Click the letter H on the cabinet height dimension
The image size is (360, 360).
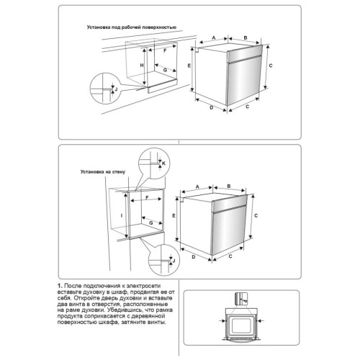142,66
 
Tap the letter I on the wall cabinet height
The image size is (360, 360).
122,216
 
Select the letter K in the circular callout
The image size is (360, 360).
164,163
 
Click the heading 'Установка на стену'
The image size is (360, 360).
103,172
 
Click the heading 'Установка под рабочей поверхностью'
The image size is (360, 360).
132,27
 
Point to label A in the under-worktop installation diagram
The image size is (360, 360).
214,37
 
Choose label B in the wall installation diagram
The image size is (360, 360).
229,186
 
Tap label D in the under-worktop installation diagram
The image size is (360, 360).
212,107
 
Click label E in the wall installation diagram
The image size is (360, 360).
174,216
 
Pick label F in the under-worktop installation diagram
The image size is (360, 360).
165,51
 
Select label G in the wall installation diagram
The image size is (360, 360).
151,223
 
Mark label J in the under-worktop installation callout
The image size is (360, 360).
116,89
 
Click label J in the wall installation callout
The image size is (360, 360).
174,261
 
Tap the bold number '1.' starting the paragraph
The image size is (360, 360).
60,286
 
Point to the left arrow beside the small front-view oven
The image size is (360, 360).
223,320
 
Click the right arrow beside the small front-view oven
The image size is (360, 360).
260,320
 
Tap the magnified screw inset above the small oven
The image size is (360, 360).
241,299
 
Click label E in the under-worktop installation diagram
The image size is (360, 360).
189,66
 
